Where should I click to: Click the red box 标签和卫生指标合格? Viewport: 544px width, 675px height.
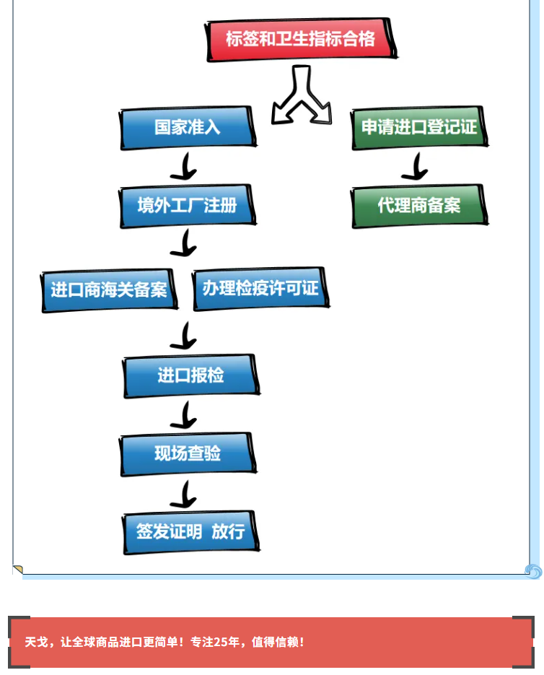click(x=301, y=40)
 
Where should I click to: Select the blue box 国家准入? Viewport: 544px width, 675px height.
click(x=188, y=128)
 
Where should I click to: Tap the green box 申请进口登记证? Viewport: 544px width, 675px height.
click(x=419, y=128)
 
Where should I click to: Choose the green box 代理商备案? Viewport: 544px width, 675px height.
click(x=419, y=206)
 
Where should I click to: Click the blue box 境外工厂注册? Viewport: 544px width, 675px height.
click(x=188, y=206)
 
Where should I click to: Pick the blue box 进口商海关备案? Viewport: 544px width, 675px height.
click(x=109, y=289)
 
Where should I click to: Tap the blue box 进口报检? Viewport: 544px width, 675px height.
click(x=191, y=375)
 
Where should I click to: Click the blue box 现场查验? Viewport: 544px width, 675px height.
click(x=188, y=453)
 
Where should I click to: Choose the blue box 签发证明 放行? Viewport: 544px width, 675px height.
click(x=191, y=532)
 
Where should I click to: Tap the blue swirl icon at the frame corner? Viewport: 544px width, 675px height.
click(x=533, y=571)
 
